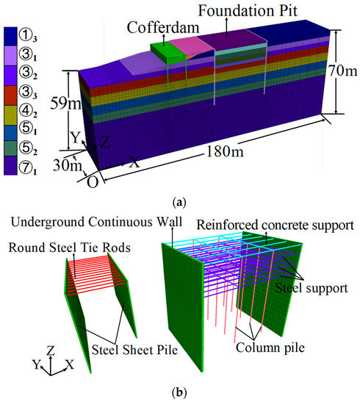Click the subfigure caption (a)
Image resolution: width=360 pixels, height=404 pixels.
[180, 196]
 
